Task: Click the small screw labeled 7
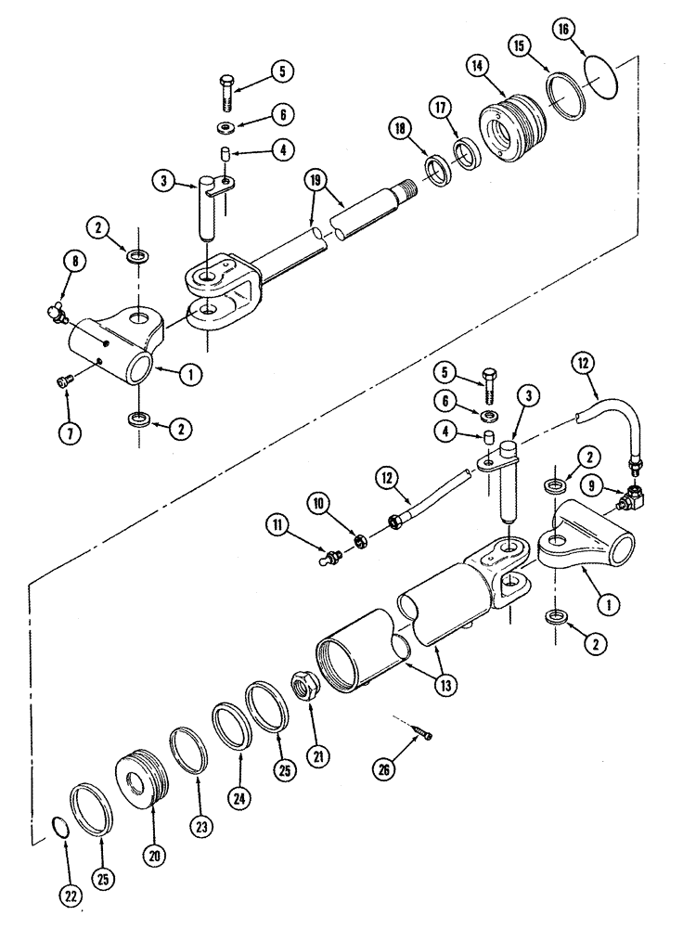67,381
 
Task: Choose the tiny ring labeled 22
57,826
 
